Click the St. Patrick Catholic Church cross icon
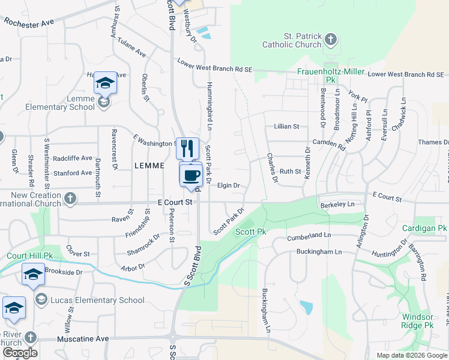pos(330,40)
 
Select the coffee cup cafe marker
pos(191,175)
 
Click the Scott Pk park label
pos(250,232)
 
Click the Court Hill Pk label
pos(31,256)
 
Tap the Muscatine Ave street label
pos(83,339)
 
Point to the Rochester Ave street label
pos(28,23)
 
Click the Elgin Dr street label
pos(228,186)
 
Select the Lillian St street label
pos(286,127)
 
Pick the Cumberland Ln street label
pos(309,235)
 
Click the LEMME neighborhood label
pos(150,165)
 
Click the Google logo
pos(19,353)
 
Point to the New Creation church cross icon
pos(70,197)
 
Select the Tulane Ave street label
pos(131,47)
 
